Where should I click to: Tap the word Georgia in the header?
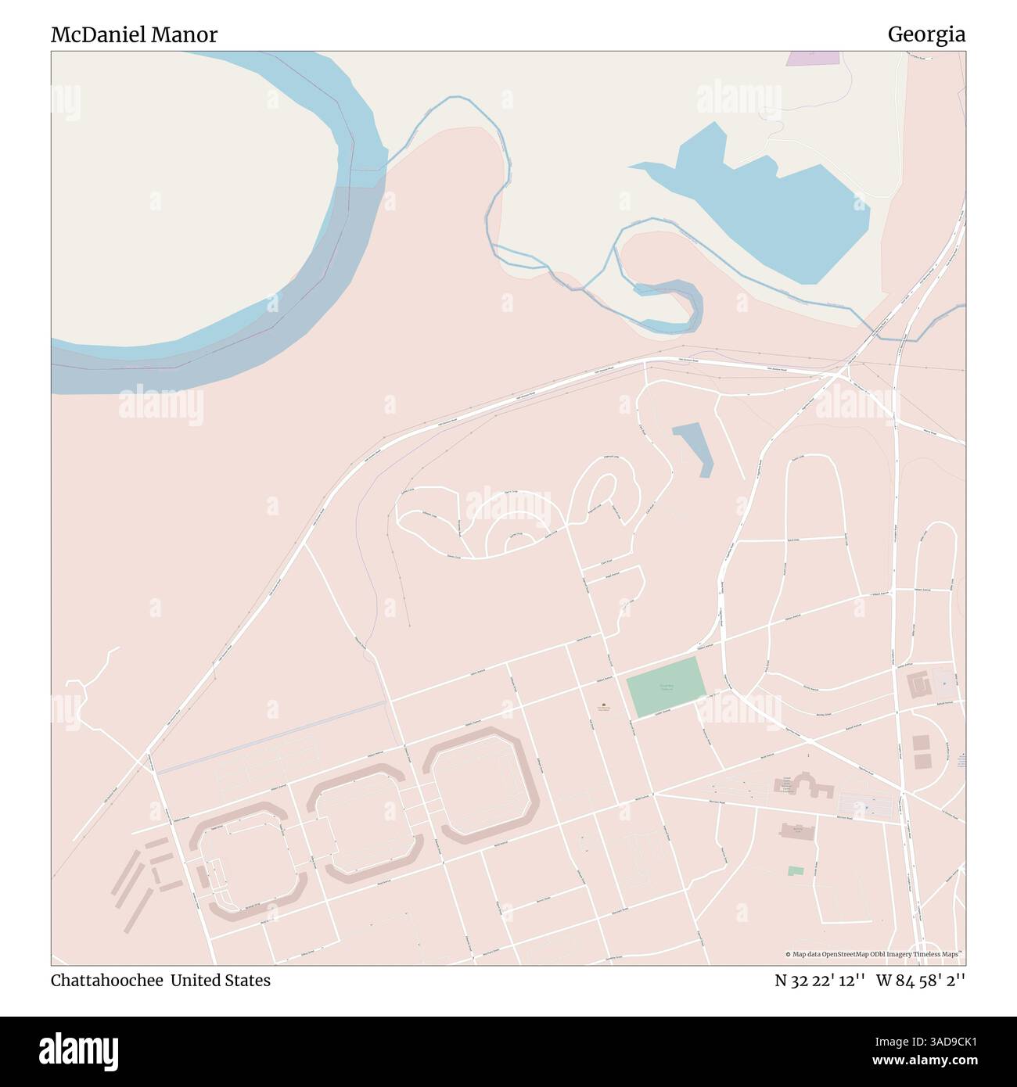925,34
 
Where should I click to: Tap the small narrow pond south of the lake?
694,448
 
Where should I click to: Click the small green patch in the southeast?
796,870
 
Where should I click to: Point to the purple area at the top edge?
811,57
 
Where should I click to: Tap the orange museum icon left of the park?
603,705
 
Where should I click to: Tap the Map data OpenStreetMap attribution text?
873,954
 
